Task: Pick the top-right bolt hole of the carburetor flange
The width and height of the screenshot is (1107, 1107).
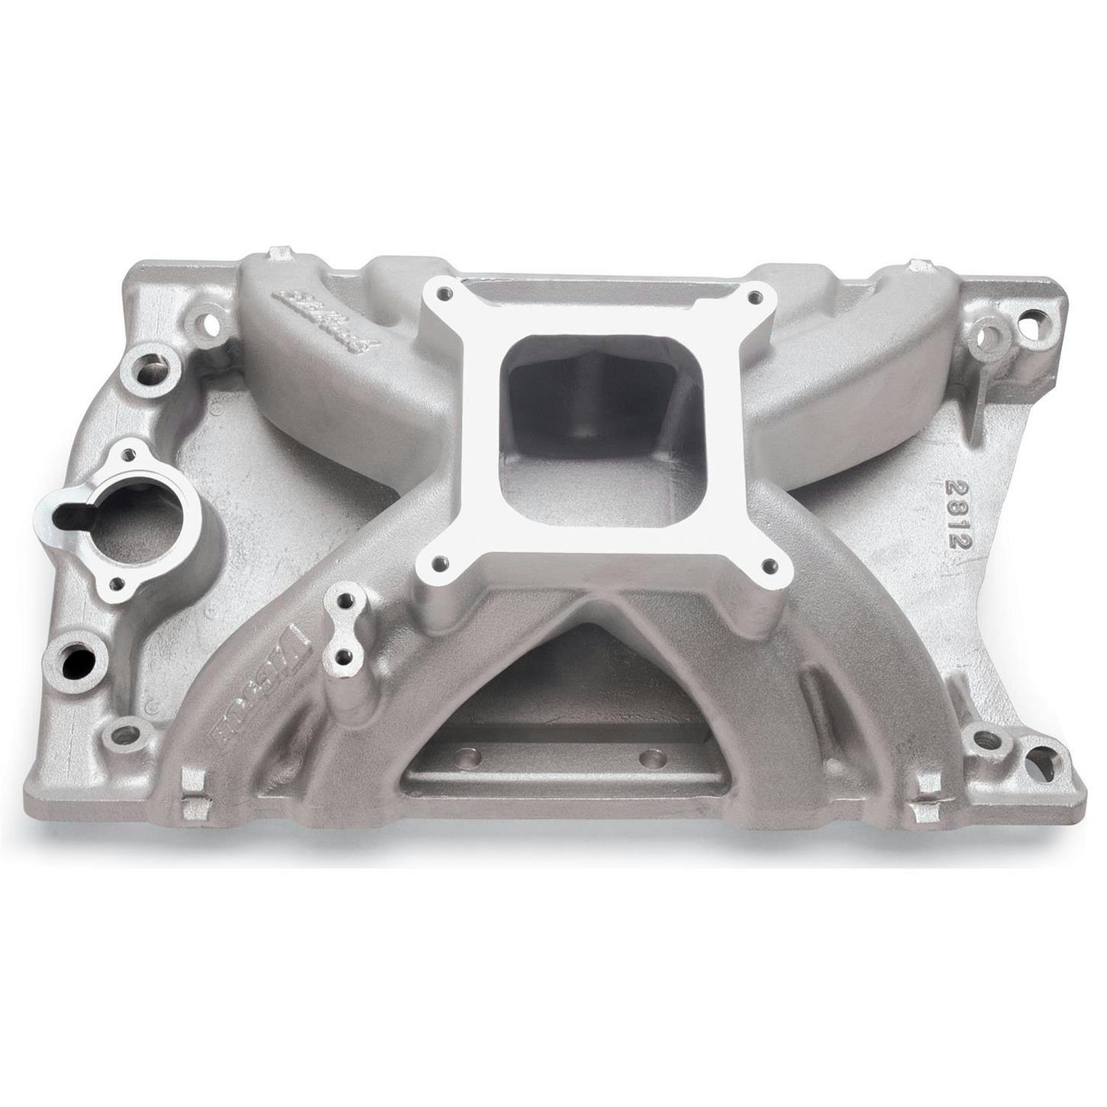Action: (x=756, y=296)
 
